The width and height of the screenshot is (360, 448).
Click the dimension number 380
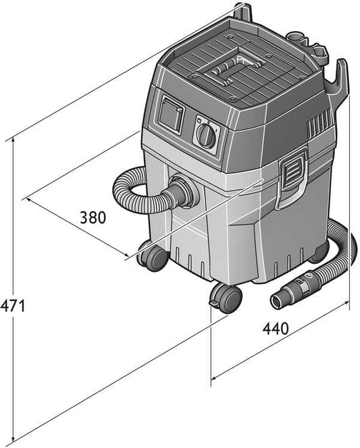93,217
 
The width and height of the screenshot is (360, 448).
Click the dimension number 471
13,306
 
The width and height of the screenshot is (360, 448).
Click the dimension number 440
276,329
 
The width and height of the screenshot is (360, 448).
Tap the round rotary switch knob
207,136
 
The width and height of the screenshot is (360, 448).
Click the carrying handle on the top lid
226,71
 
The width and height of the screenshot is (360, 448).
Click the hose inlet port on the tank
183,191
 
